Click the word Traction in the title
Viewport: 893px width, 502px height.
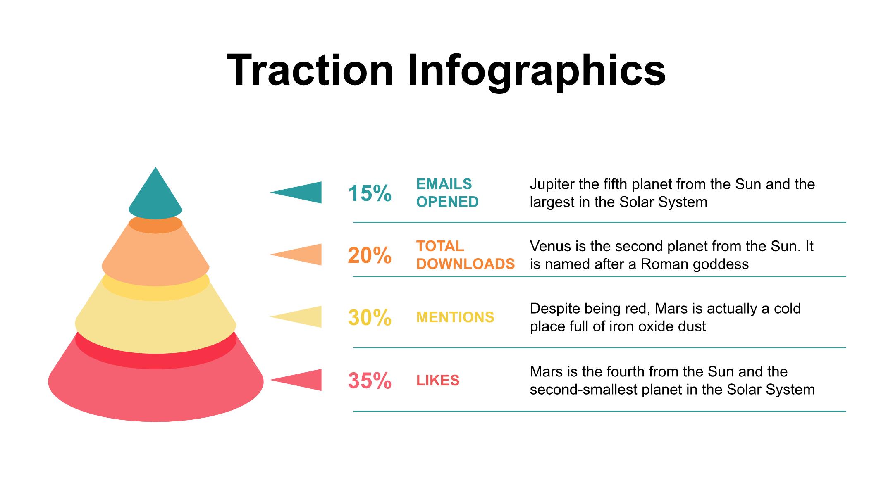pos(310,70)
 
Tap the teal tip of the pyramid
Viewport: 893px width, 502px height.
pos(155,193)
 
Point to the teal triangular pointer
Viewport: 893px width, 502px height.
pos(296,192)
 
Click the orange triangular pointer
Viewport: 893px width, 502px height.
pos(296,255)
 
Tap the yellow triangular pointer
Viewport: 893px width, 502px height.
pos(296,317)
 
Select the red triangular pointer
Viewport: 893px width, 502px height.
pos(296,380)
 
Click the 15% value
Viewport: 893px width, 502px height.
pos(370,193)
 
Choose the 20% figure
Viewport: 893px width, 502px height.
pos(370,256)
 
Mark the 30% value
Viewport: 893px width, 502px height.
pos(370,318)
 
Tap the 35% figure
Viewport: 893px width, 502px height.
pos(370,381)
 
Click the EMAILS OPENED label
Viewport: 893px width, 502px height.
pos(447,193)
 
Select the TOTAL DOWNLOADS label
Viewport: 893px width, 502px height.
pos(466,255)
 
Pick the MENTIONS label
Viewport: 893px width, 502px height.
pos(455,317)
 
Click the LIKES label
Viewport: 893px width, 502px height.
pos(438,381)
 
